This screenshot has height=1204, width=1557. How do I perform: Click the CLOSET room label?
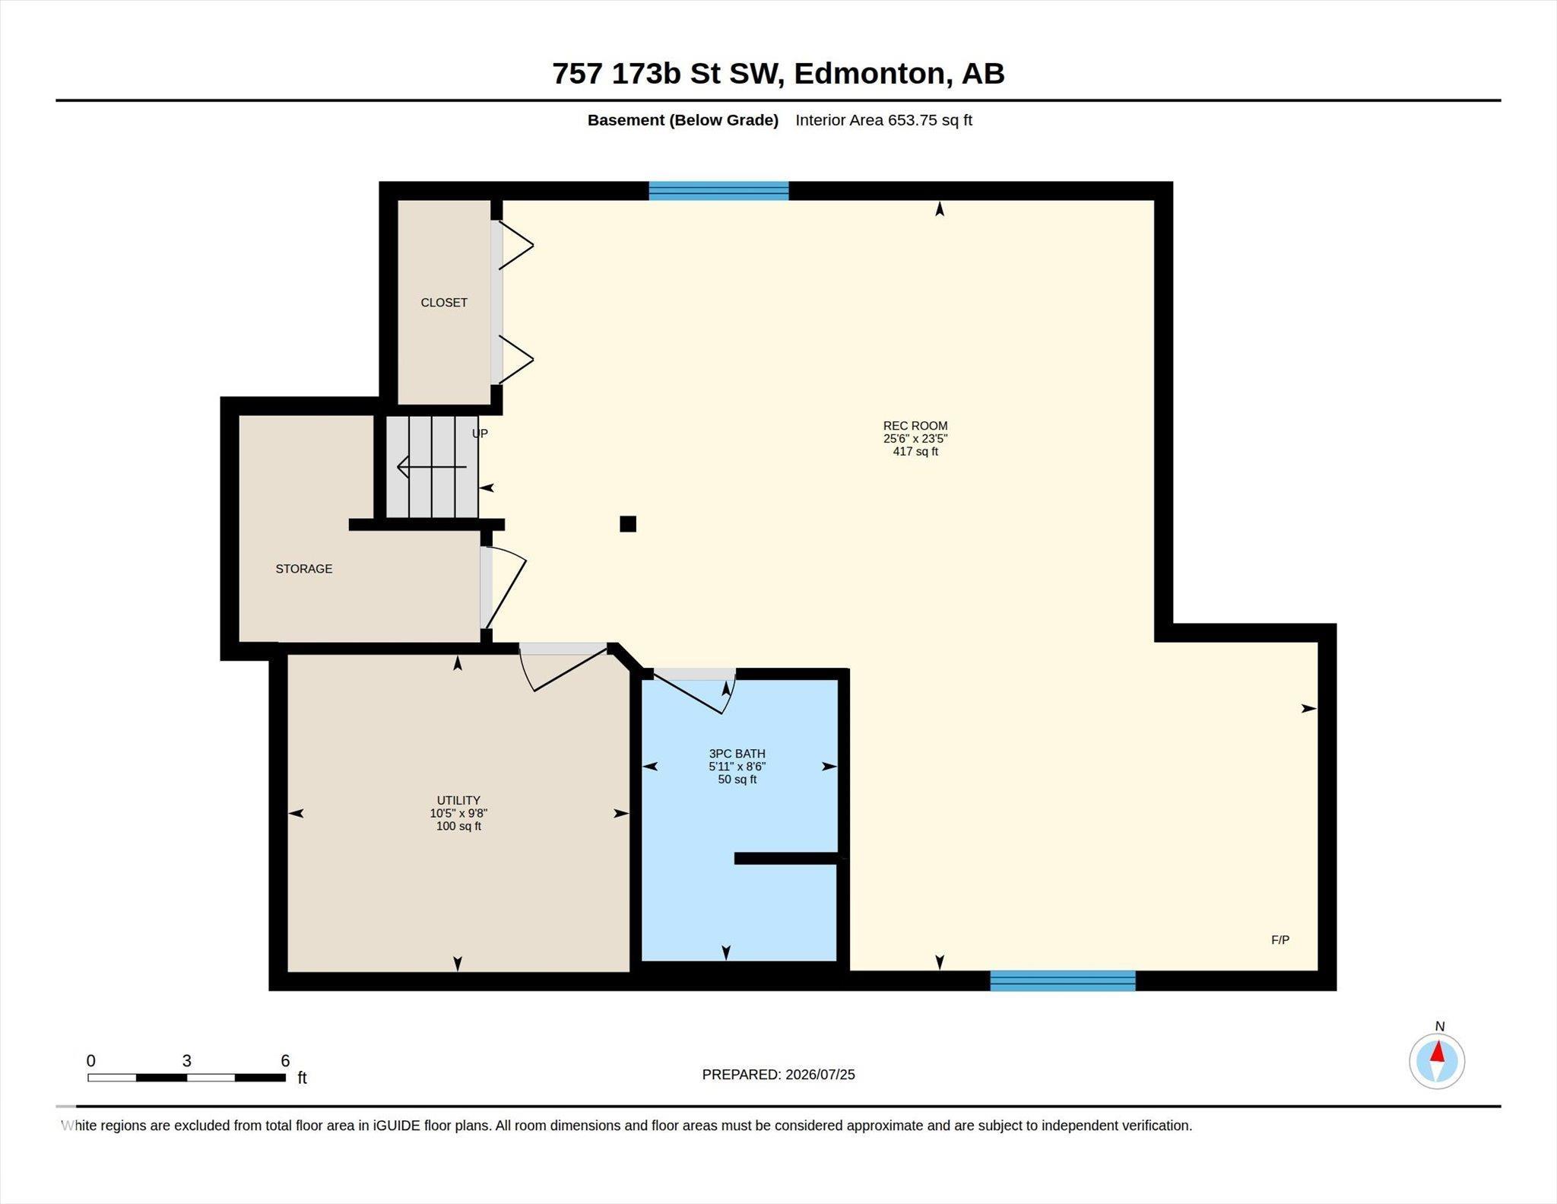(x=444, y=303)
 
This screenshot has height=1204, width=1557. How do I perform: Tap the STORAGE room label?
(x=304, y=569)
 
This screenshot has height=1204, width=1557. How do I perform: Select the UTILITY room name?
(x=458, y=800)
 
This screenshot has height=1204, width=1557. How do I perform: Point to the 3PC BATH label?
(x=737, y=754)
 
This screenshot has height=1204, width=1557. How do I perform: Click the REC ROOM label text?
(x=915, y=426)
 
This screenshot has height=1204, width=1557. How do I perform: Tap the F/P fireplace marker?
(x=1280, y=940)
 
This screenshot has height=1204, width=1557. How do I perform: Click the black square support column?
(x=628, y=524)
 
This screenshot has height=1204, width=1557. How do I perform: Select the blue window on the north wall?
(x=718, y=191)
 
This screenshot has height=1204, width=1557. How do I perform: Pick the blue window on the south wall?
(x=1063, y=981)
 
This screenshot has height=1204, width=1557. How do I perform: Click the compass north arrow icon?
(x=1437, y=1061)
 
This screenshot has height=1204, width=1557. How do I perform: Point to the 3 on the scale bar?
(x=186, y=1061)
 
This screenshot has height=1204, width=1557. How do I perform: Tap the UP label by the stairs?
(x=480, y=434)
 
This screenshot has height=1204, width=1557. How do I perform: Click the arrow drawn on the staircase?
(x=432, y=467)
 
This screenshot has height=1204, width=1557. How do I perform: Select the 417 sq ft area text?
(x=915, y=452)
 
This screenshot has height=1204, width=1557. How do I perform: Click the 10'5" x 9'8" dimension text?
(x=458, y=813)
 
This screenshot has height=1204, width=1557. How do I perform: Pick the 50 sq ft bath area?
(x=737, y=780)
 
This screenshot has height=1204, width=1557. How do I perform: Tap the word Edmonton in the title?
(x=870, y=74)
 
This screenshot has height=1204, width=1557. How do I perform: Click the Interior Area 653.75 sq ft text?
(x=884, y=120)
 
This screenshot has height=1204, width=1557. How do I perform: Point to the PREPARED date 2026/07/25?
(x=820, y=1075)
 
